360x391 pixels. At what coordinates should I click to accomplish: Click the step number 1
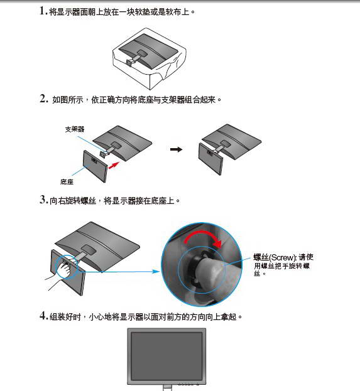43,11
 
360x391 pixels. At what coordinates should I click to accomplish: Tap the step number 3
43,200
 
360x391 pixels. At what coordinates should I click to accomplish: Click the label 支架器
75,129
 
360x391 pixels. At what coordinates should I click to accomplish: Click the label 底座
67,182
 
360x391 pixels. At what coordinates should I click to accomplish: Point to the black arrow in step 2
177,149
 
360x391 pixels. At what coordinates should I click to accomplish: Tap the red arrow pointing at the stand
114,165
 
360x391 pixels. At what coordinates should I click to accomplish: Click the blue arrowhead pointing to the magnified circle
156,271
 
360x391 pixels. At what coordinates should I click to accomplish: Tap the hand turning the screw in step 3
65,269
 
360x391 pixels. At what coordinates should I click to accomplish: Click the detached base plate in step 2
95,166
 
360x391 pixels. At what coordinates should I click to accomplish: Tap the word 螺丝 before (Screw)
261,257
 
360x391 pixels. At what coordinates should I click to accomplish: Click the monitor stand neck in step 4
168,388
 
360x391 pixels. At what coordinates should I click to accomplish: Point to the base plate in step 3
68,272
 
